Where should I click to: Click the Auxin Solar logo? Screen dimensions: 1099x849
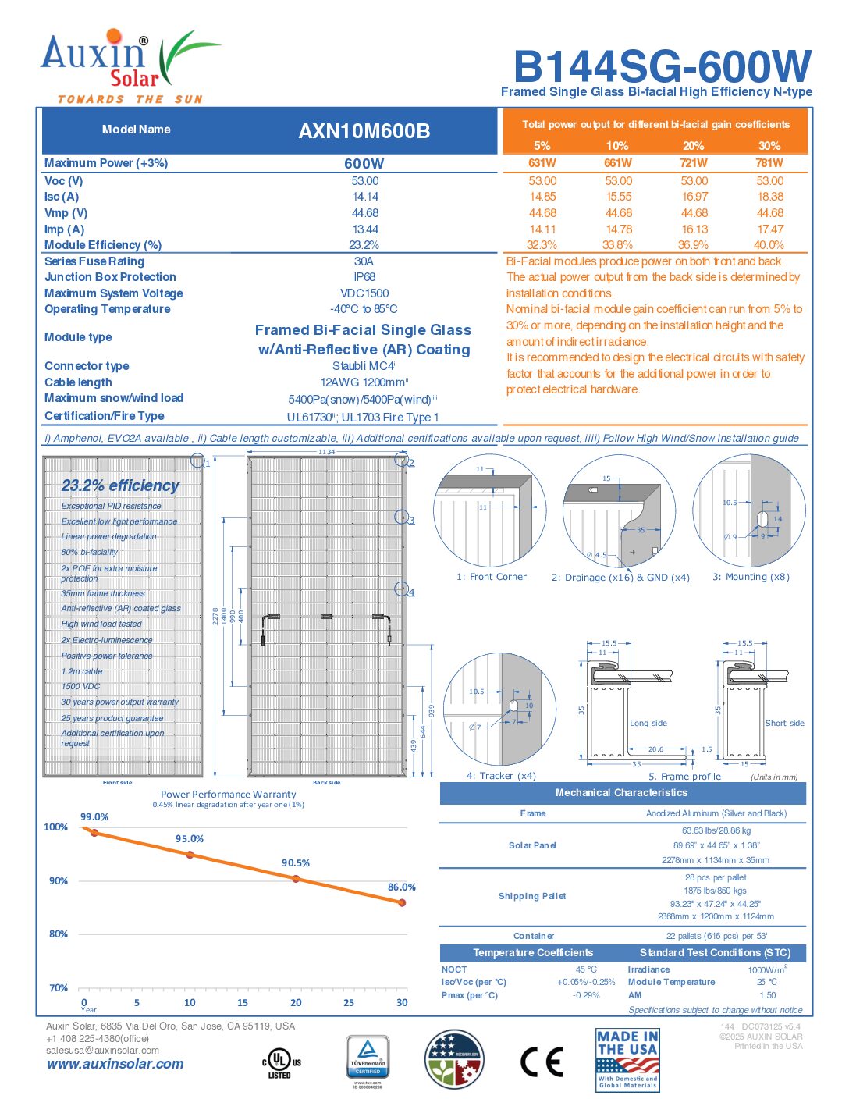pos(125,66)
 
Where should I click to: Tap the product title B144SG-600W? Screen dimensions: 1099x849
pos(662,66)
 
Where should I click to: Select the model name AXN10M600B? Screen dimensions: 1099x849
pos(364,131)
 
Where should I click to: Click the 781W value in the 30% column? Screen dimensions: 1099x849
pos(769,163)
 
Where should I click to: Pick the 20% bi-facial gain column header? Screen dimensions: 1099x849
pos(693,146)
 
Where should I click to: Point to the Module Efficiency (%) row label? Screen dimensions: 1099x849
pos(103,245)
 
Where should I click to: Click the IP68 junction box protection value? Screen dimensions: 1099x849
pos(364,277)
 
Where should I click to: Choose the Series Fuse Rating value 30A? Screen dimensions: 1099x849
pos(364,261)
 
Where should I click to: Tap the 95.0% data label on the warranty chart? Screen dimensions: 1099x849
pos(190,839)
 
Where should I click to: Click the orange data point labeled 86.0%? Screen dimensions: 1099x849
pos(402,902)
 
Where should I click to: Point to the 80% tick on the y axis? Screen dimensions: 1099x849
pos(59,934)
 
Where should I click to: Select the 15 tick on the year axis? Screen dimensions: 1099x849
pos(243,1003)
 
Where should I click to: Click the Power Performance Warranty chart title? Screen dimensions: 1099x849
pos(229,795)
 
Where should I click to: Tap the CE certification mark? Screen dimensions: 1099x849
pos(542,1062)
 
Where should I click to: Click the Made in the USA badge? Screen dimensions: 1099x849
pos(627,1059)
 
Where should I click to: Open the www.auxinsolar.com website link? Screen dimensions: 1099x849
pos(115,1064)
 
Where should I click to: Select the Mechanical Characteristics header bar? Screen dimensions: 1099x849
pos(622,793)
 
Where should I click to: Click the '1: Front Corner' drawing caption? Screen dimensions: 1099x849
pos(492,578)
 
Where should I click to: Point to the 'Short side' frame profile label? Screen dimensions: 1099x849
pos(784,724)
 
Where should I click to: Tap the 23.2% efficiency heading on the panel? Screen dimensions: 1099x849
pos(120,485)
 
